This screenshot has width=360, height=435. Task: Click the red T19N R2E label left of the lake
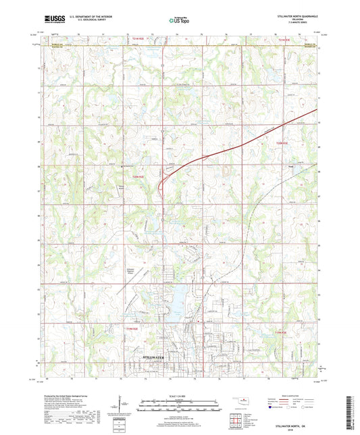[x=132, y=328]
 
